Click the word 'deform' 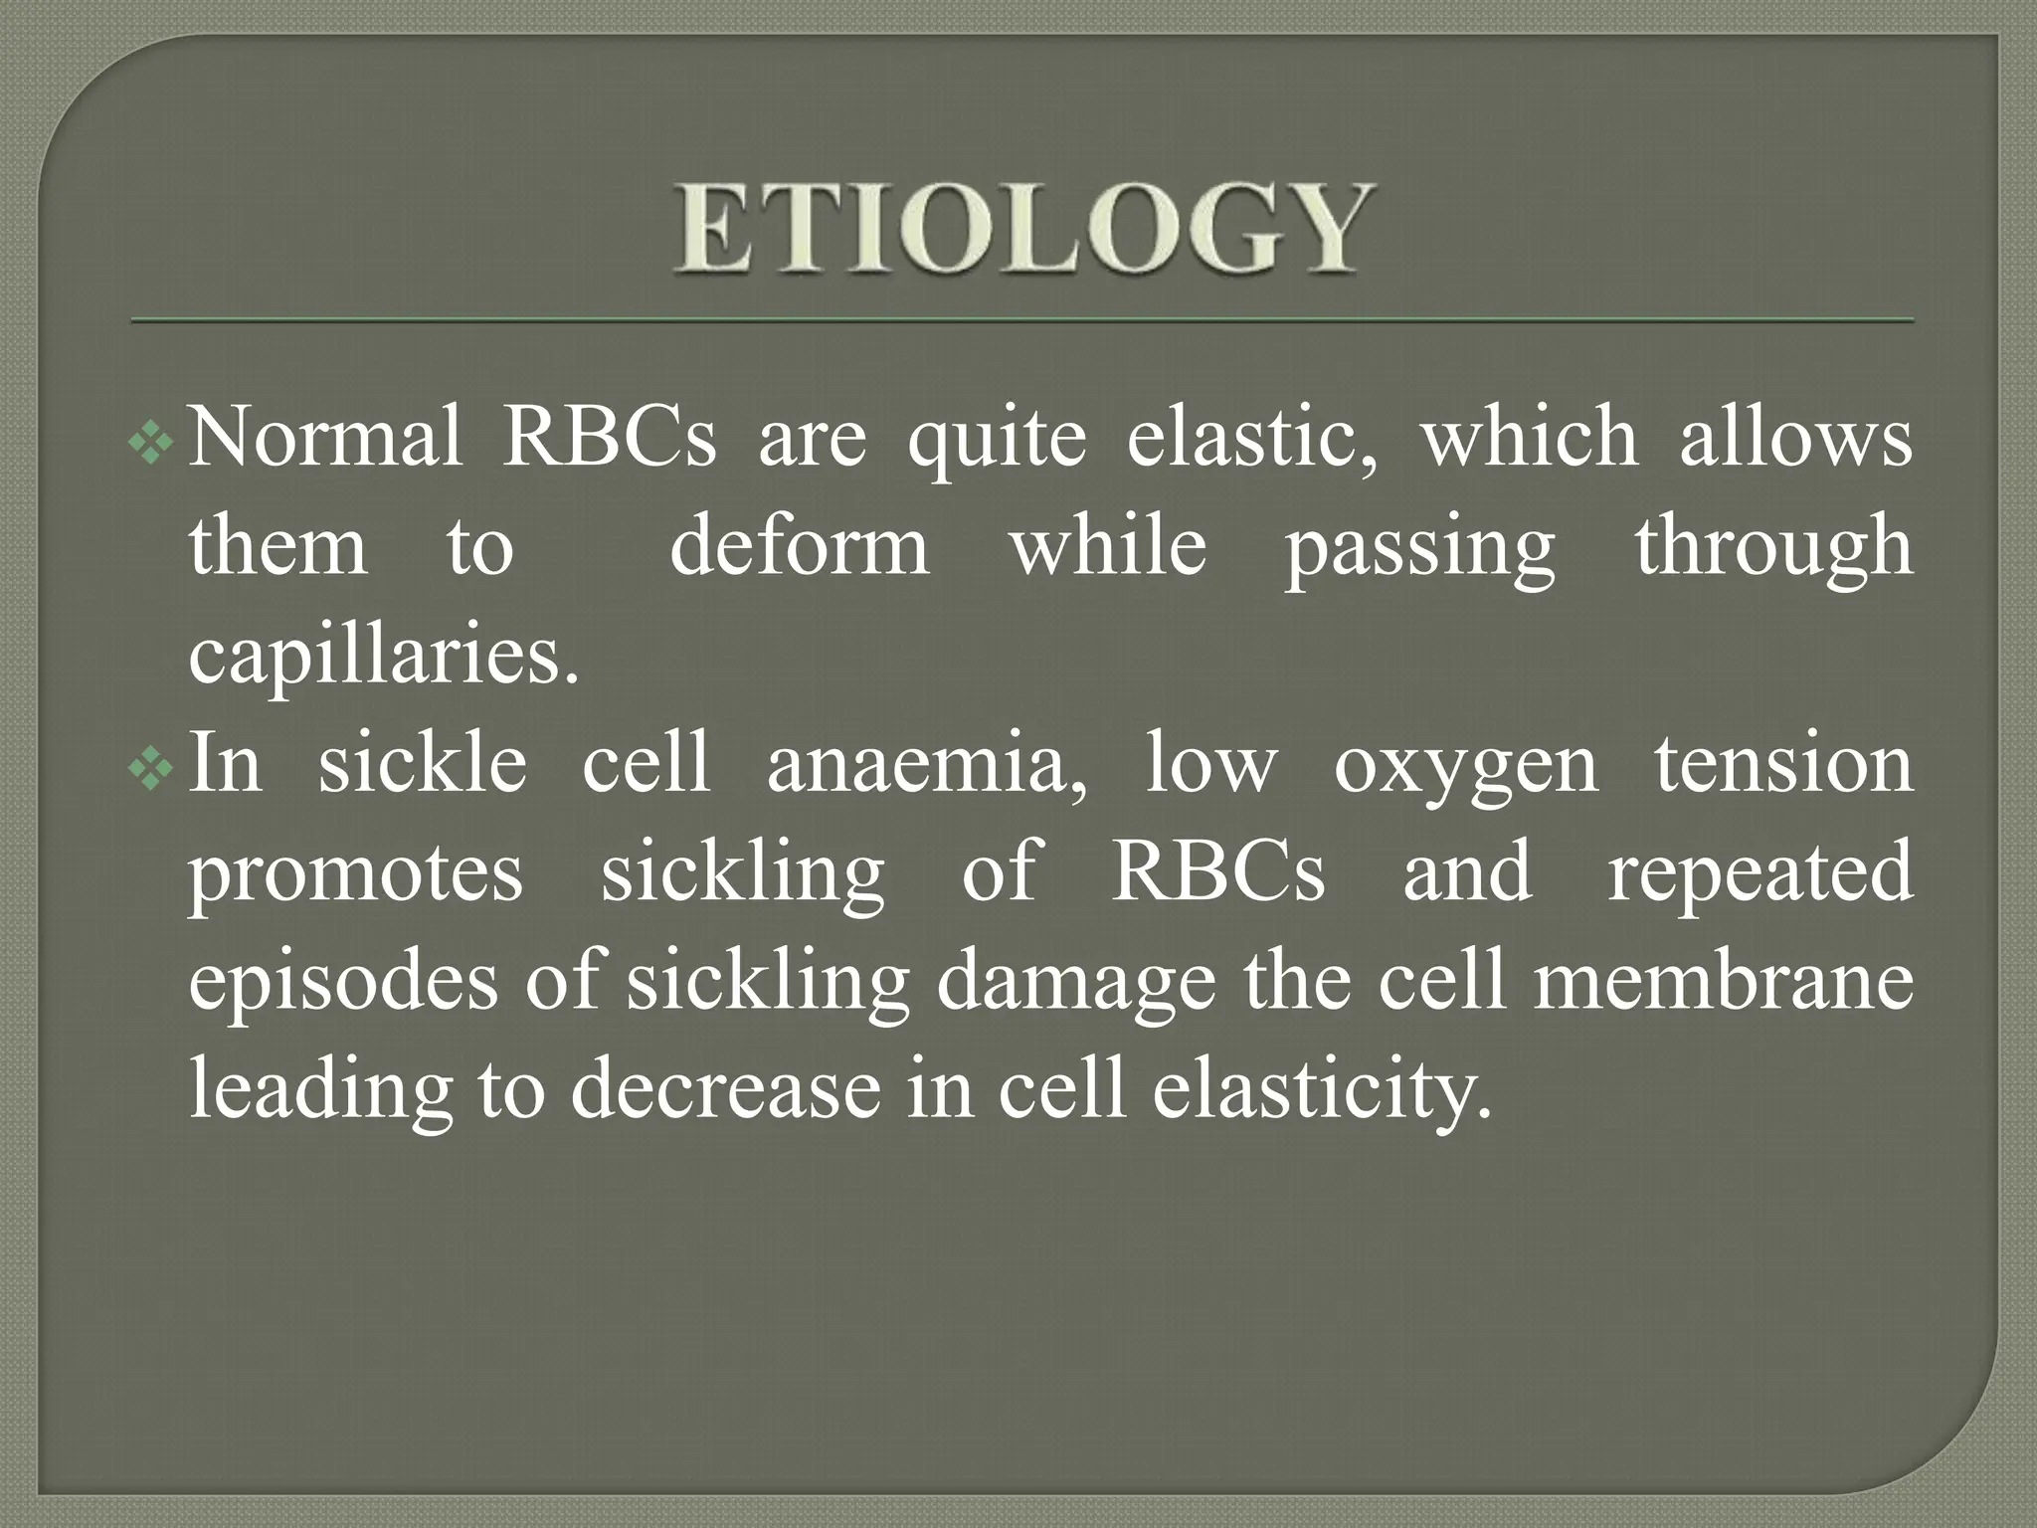click(x=800, y=547)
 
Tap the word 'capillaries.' click(x=384, y=657)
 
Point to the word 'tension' click(x=1783, y=764)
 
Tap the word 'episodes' click(x=344, y=983)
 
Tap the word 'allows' click(x=1795, y=438)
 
